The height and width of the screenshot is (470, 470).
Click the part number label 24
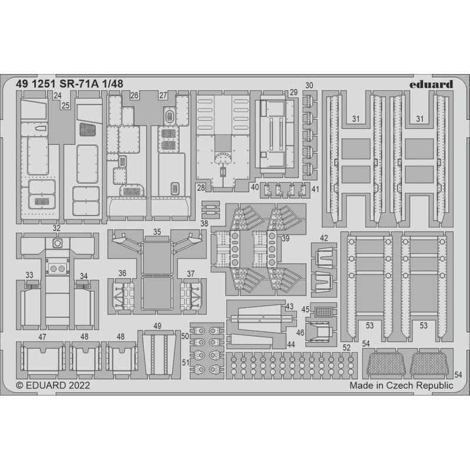tap(58, 95)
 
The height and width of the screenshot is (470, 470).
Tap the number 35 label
tap(157, 232)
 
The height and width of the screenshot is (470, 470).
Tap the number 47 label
tap(42, 337)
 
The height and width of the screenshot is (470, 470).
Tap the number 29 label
tap(293, 93)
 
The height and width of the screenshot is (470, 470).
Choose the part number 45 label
tap(305, 309)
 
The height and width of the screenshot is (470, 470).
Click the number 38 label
tap(204, 224)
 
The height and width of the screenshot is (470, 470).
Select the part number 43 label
tap(290, 307)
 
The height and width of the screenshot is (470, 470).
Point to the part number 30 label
tap(310, 85)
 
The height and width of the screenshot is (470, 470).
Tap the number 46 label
tap(300, 333)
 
